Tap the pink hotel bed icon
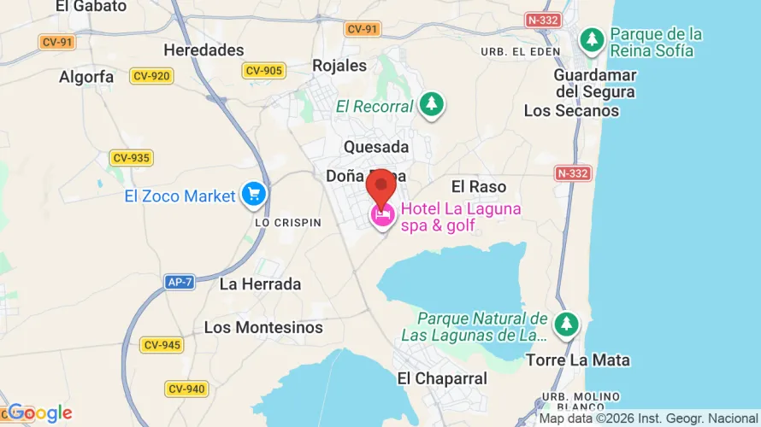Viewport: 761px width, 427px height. tap(382, 216)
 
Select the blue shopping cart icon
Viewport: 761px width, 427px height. tap(253, 196)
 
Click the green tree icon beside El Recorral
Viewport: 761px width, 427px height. tap(432, 105)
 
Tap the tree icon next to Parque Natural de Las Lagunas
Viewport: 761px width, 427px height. tap(565, 325)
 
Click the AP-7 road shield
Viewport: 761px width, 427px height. tap(180, 281)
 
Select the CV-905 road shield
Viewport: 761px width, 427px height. tap(263, 71)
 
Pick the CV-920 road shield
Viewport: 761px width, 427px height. tap(151, 76)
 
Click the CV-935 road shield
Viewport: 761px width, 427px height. tap(131, 157)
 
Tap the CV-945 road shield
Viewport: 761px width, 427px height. tap(162, 345)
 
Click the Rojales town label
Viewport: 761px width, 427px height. tap(339, 65)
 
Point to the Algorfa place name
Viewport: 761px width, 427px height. tap(86, 77)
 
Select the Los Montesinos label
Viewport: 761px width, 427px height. tap(263, 327)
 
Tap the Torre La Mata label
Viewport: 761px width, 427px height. tap(578, 360)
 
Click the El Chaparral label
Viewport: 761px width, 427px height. tap(442, 378)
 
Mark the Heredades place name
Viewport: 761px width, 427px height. tap(204, 50)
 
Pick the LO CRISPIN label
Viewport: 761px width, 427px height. tap(288, 222)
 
